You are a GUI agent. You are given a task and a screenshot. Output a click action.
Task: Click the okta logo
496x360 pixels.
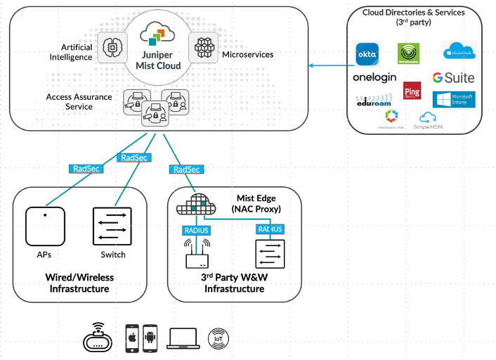(367, 53)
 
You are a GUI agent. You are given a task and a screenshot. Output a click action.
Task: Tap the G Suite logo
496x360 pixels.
(453, 78)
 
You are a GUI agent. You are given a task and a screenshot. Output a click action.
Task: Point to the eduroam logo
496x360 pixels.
(373, 101)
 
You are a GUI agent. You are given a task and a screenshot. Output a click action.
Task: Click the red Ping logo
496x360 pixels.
(412, 91)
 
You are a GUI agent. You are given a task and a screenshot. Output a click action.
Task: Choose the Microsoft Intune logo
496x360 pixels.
(454, 99)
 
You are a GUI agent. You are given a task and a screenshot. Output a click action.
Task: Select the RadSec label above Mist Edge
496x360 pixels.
(185, 169)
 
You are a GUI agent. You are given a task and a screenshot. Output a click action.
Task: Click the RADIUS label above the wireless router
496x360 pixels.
(196, 229)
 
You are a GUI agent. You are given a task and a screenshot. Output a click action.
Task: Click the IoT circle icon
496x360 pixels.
(218, 339)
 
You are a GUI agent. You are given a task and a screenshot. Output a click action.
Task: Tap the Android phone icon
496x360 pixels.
(150, 338)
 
